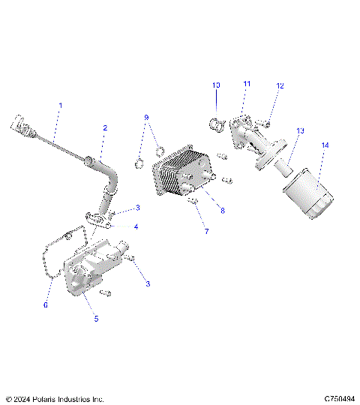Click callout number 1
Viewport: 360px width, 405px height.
click(x=61, y=106)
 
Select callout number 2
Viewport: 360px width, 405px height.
click(x=105, y=128)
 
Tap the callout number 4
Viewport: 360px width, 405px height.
click(x=136, y=226)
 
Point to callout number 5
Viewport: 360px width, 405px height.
click(x=95, y=317)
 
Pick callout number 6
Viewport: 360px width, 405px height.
click(x=45, y=305)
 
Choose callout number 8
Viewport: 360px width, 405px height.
click(x=222, y=211)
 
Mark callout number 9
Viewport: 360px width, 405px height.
click(x=146, y=118)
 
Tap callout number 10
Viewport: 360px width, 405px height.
click(x=216, y=85)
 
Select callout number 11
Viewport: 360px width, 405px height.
click(x=247, y=83)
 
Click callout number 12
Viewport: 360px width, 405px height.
click(x=280, y=86)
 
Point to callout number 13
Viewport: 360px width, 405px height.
click(x=299, y=130)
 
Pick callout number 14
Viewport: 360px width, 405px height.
click(x=325, y=144)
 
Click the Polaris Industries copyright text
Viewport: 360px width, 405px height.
click(x=54, y=398)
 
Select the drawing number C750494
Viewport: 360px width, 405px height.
click(x=339, y=398)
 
